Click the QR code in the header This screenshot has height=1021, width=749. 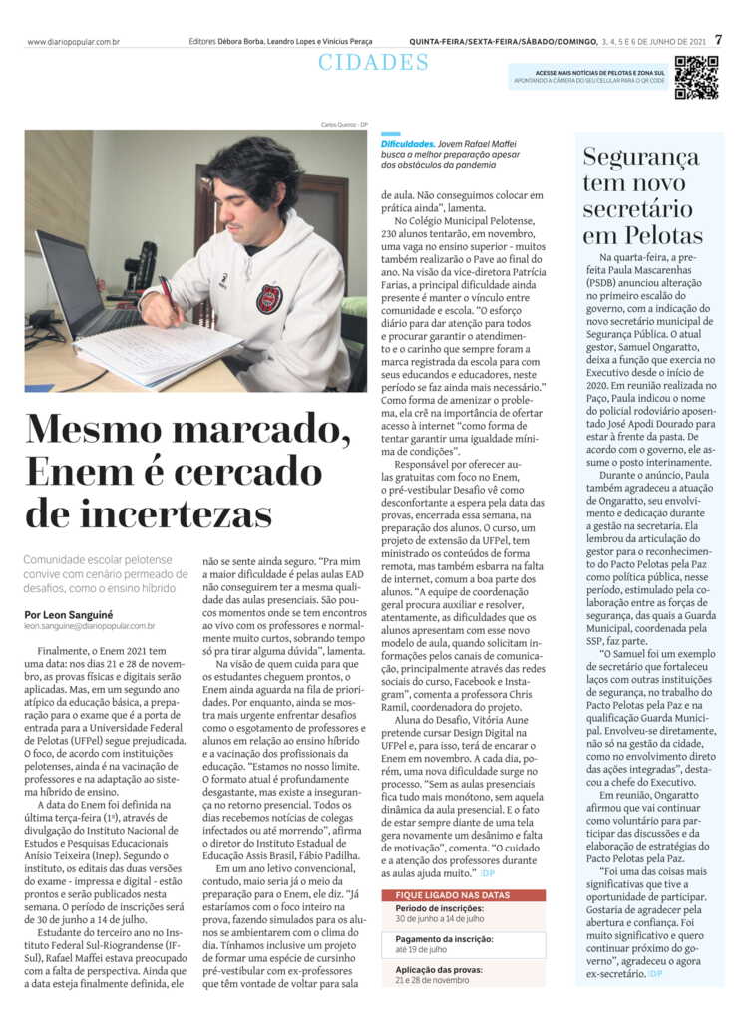click(695, 77)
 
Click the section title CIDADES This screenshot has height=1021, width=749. click(373, 63)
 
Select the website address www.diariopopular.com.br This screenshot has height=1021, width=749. click(74, 42)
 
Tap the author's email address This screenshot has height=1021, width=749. click(90, 627)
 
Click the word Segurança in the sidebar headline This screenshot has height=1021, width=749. click(641, 158)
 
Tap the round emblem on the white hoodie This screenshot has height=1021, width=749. click(268, 299)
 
